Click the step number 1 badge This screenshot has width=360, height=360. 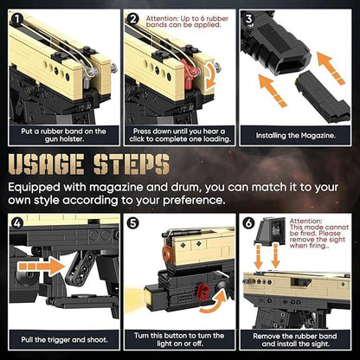click(x=17, y=19)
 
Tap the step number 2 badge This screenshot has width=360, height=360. click(x=133, y=19)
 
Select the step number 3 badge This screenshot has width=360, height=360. click(x=248, y=19)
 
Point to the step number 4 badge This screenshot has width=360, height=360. click(x=17, y=223)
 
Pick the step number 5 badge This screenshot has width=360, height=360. click(x=133, y=223)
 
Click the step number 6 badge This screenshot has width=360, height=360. click(x=248, y=223)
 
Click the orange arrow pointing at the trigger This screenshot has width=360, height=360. click(x=41, y=266)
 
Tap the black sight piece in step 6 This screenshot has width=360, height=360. click(x=270, y=231)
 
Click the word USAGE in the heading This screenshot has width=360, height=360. click(x=46, y=164)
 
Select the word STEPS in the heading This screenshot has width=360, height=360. click(x=132, y=164)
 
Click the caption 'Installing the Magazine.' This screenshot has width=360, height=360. click(x=296, y=135)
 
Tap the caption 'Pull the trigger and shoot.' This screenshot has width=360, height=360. click(x=64, y=339)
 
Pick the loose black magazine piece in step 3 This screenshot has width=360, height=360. click(x=323, y=97)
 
